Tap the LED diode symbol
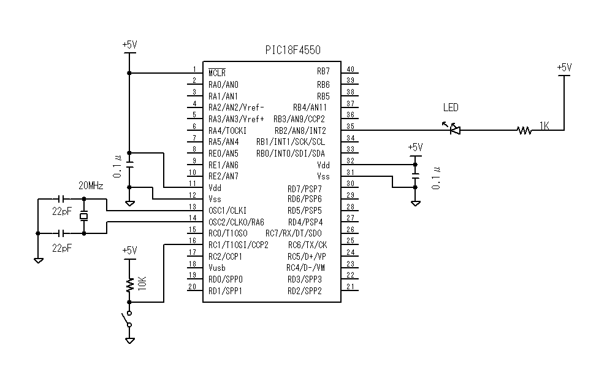coord(454,130)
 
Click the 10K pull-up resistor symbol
coord(129,285)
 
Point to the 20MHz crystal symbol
coord(84,216)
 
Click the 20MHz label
coord(91,185)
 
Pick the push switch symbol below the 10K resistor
coord(128,320)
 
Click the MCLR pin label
coord(217,72)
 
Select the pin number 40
coord(350,69)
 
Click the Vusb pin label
coord(216,268)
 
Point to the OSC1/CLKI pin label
coord(227,211)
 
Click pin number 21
coord(350,287)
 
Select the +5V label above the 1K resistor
coord(563,67)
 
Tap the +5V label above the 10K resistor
coord(129,250)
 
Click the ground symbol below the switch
coord(129,340)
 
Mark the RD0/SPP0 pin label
coord(225,279)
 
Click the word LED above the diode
coord(451,107)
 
